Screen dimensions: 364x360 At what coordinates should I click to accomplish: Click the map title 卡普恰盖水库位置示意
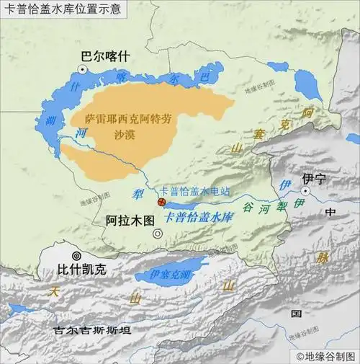(63, 9)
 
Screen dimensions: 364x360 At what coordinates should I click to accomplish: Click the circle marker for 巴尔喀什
(84, 68)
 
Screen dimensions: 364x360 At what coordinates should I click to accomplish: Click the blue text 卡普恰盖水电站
(194, 191)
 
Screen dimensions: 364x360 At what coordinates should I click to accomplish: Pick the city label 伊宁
(314, 177)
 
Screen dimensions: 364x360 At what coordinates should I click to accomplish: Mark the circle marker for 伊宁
(306, 191)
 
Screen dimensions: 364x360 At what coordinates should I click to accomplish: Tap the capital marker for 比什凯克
(74, 256)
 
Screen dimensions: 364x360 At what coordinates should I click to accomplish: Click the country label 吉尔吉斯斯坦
(92, 331)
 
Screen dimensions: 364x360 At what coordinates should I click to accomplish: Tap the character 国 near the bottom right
(295, 314)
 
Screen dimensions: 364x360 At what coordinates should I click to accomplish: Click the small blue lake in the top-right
(309, 85)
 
